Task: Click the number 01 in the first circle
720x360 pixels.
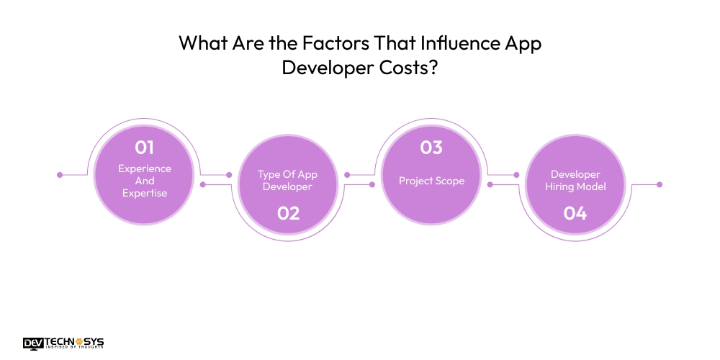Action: coord(145,148)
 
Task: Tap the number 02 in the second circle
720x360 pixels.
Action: coord(288,213)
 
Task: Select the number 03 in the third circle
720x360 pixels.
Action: coord(431,148)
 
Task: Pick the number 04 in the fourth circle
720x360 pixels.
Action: coord(575,213)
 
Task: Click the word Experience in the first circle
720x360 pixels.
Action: coord(145,168)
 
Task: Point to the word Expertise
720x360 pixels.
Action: coord(145,194)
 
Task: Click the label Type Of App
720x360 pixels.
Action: coord(288,174)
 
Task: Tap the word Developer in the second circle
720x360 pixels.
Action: coord(288,187)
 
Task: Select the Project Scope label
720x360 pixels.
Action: coord(431,181)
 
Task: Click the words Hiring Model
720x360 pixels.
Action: coord(575,187)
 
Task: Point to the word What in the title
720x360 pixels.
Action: coord(201,43)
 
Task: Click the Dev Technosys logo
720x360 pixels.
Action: coord(64,343)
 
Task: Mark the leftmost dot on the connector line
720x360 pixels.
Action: coord(60,174)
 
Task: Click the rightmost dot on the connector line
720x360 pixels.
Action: coord(659,184)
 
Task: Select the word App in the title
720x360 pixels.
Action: coord(522,43)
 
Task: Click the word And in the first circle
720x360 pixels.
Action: coord(145,181)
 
